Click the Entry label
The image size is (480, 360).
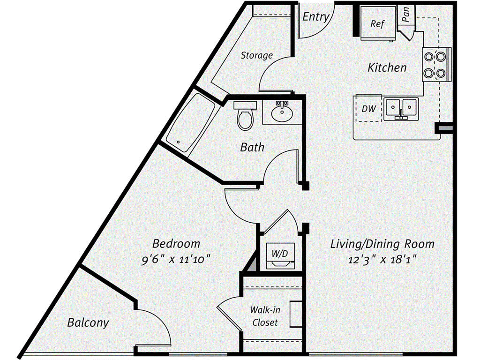pos(315,16)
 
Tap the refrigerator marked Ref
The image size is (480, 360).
pos(377,23)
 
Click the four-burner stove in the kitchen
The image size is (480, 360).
pos(435,65)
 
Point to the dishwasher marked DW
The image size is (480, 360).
pos(369,109)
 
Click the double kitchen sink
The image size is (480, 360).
pos(401,109)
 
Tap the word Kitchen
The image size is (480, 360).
pos(387,67)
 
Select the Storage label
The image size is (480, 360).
pos(256,55)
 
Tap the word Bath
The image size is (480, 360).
pos(252,147)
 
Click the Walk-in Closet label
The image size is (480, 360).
pos(265,316)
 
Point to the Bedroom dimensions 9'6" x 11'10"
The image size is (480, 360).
pos(176,259)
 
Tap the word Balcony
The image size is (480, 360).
pos(88,322)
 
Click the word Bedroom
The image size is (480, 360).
pos(176,244)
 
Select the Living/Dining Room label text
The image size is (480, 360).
pos(382,244)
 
